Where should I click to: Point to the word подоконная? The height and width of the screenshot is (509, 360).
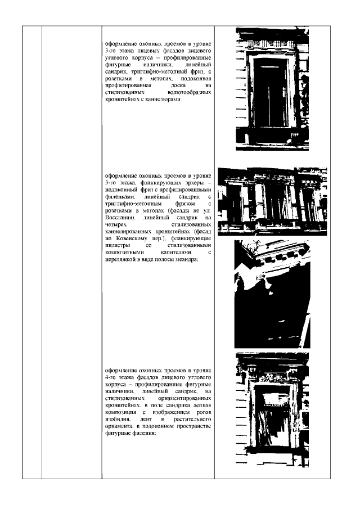coord(195,79)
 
